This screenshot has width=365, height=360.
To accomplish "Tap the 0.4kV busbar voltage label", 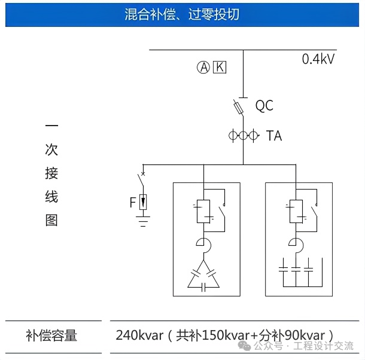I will (318, 59).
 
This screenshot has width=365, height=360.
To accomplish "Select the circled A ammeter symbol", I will (203, 67).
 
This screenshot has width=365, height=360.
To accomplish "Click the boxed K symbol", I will (220, 67).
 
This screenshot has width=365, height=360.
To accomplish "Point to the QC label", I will (264, 106).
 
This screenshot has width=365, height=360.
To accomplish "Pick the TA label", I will (273, 136).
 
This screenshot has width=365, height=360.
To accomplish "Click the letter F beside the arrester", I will (133, 203).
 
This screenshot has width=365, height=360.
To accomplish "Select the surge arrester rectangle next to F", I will (143, 202).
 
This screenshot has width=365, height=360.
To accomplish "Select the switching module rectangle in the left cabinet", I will (203, 210).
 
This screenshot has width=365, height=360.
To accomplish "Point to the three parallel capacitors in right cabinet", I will (296, 269).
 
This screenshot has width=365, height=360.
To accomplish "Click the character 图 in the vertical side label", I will (51, 220).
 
